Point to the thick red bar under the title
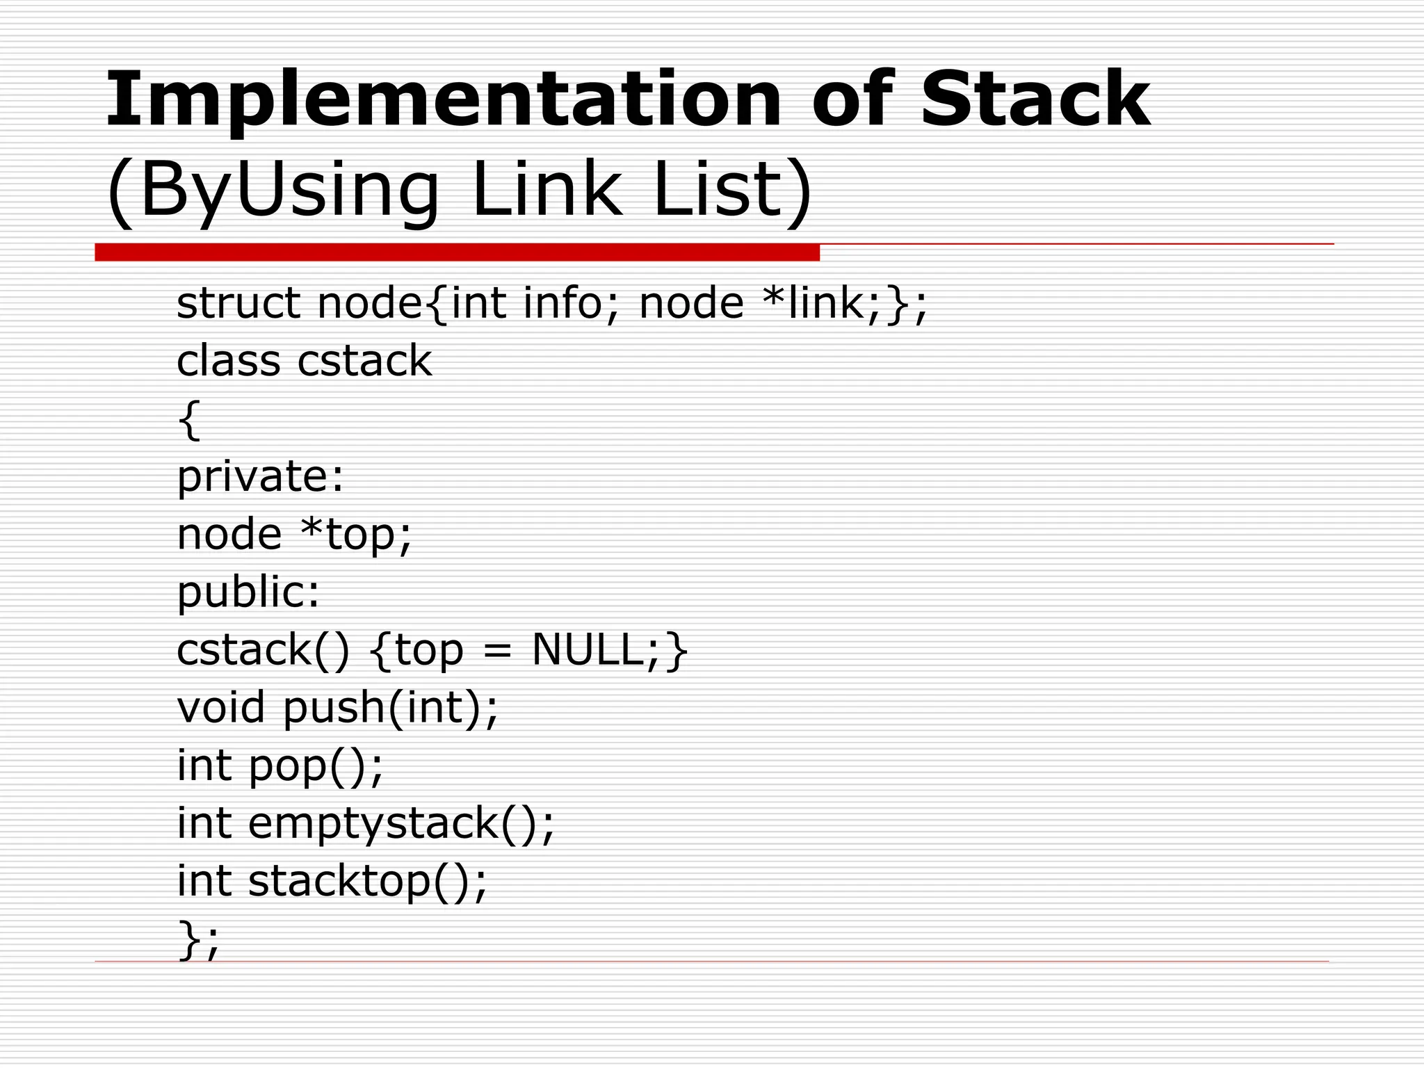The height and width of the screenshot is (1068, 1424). click(457, 252)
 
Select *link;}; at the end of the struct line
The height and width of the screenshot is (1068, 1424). click(845, 304)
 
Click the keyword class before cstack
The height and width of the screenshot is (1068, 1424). click(229, 362)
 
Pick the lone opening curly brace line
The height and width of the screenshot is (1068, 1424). click(188, 419)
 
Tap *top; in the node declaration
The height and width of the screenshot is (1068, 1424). click(356, 535)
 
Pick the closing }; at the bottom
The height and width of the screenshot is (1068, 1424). click(198, 939)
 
